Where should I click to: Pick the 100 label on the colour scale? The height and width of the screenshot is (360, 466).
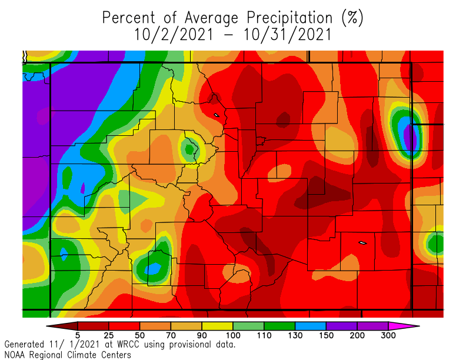click(x=233, y=335)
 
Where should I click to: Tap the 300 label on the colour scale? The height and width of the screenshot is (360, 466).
click(x=389, y=335)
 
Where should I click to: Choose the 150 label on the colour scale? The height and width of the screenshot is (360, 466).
click(x=326, y=335)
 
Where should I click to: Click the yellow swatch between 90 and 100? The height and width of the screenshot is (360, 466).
click(x=218, y=325)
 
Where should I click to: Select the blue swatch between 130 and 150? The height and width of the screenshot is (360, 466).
click(x=311, y=325)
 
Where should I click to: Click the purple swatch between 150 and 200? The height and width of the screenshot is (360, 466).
click(x=342, y=325)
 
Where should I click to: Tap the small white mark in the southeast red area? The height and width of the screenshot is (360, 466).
click(x=362, y=242)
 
